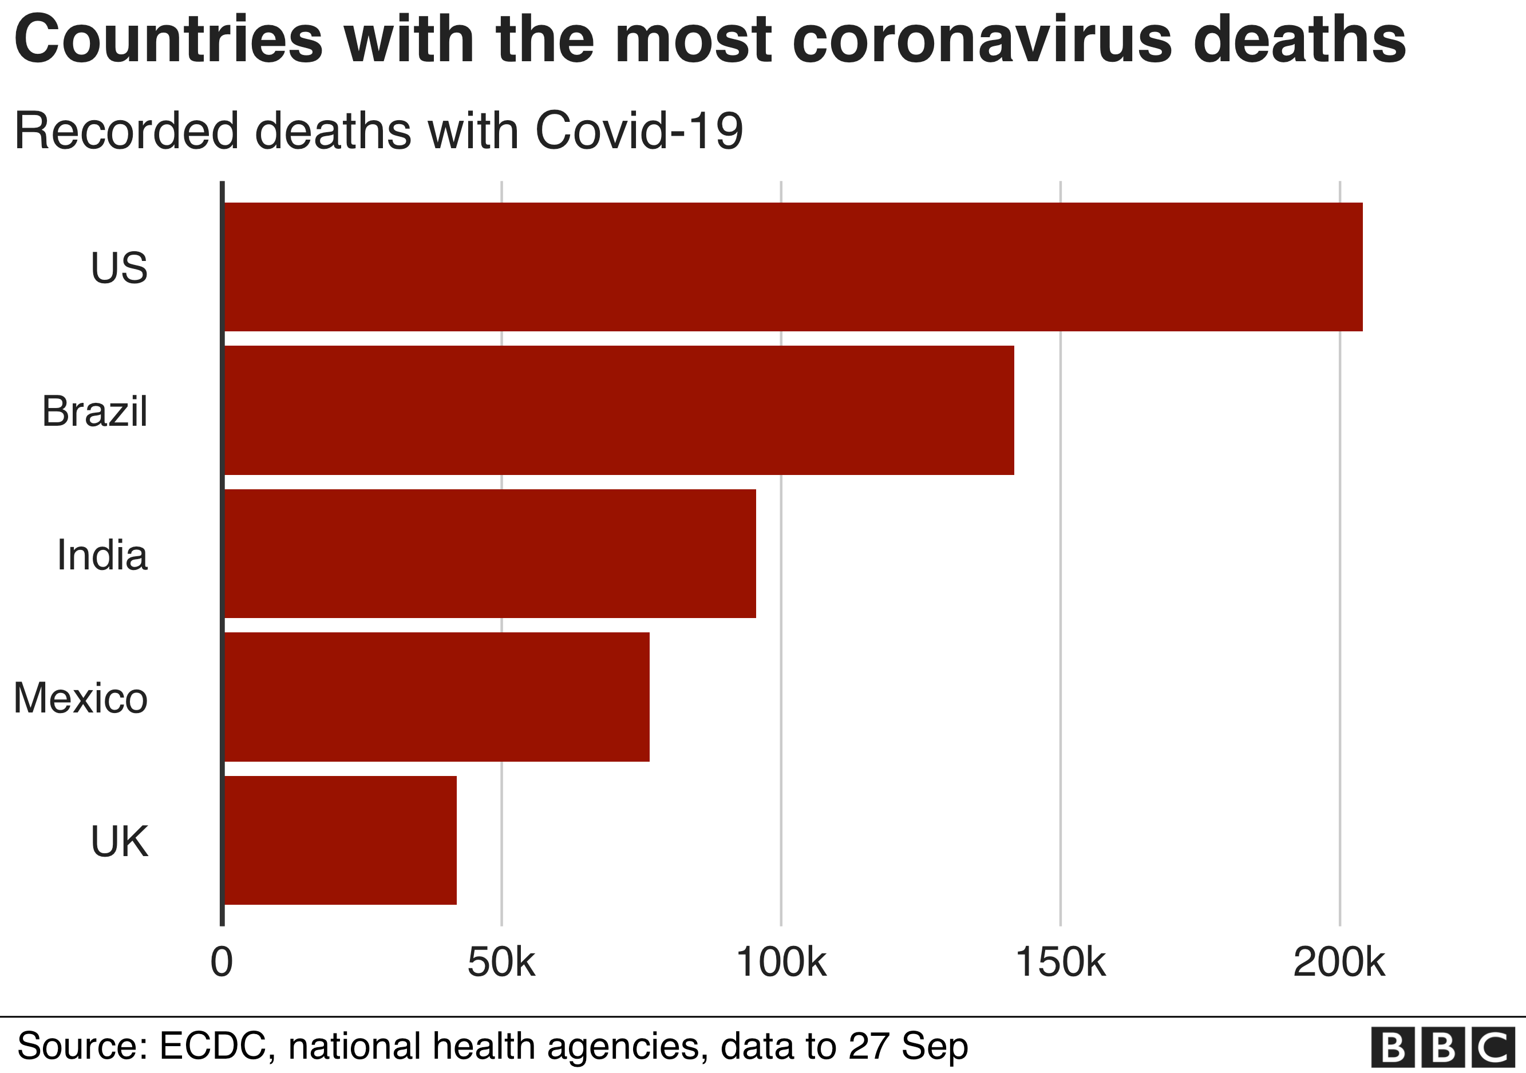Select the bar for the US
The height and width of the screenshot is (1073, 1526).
(793, 267)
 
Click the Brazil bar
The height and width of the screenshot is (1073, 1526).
(619, 410)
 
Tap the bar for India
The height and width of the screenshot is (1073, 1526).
(490, 553)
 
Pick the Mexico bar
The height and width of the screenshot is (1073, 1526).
(437, 697)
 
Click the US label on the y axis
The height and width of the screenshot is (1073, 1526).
(119, 268)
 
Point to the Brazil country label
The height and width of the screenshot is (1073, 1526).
(94, 411)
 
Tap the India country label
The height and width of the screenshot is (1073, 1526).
(102, 555)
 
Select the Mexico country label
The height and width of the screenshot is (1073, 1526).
(80, 698)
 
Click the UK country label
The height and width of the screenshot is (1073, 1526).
(119, 842)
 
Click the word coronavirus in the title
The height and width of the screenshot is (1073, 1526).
(982, 40)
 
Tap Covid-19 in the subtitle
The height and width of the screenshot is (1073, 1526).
(639, 130)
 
